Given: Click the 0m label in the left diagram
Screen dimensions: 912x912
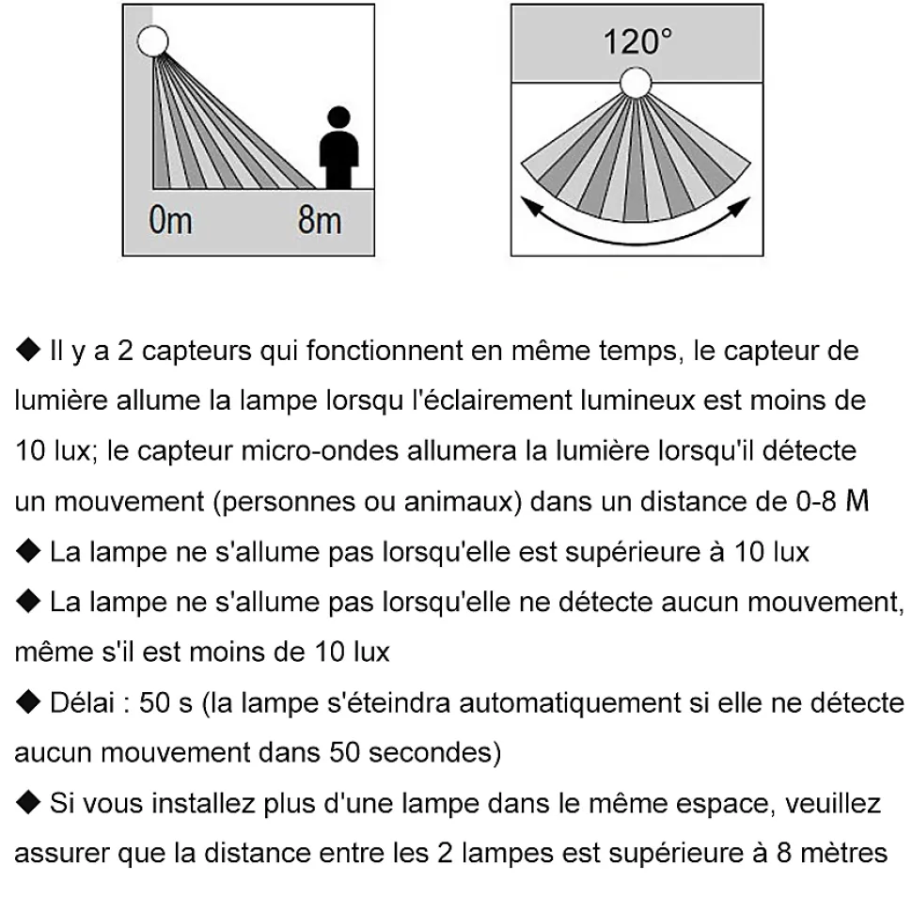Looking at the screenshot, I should [169, 222].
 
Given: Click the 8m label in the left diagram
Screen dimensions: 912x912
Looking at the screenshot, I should [320, 222].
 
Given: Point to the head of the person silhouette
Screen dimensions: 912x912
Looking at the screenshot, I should [339, 118].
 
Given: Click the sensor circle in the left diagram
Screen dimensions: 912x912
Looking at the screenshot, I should [152, 40].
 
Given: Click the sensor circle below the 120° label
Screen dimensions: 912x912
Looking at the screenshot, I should [637, 84].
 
